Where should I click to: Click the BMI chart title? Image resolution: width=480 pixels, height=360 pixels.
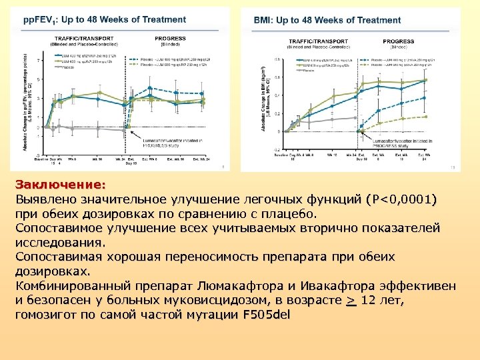tap(327, 21)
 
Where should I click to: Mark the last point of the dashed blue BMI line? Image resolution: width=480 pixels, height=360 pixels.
tap(425, 97)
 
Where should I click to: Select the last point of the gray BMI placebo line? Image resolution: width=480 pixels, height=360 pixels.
tap(355, 118)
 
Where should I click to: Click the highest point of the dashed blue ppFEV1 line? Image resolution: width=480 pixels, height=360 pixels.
tap(150, 88)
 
